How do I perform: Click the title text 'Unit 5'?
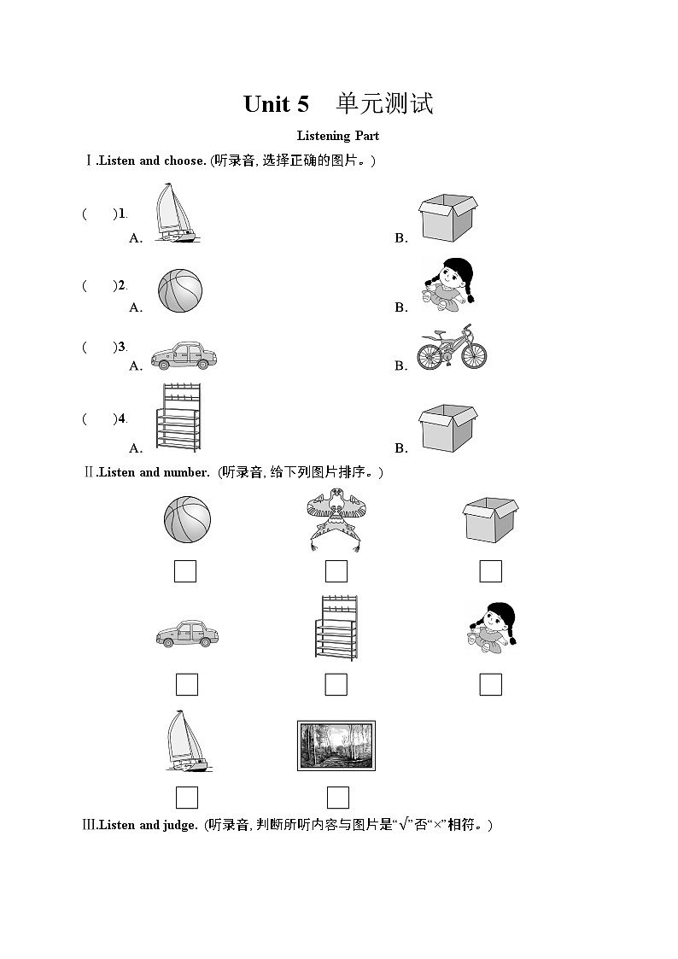pyautogui.click(x=276, y=104)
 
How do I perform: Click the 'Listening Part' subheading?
pyautogui.click(x=338, y=136)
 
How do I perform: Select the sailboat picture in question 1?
pyautogui.click(x=175, y=213)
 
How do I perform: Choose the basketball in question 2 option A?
pyautogui.click(x=180, y=290)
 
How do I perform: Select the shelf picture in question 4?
pyautogui.click(x=178, y=418)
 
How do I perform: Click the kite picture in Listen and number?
pyautogui.click(x=336, y=518)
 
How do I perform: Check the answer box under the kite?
pyautogui.click(x=336, y=571)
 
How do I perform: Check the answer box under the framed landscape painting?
pyautogui.click(x=338, y=798)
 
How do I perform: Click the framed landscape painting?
pyautogui.click(x=336, y=746)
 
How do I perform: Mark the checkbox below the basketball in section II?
pyautogui.click(x=185, y=571)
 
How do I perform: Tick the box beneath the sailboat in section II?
pyautogui.click(x=187, y=798)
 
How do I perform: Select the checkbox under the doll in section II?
pyautogui.click(x=490, y=685)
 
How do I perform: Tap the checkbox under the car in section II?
pyautogui.click(x=187, y=685)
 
